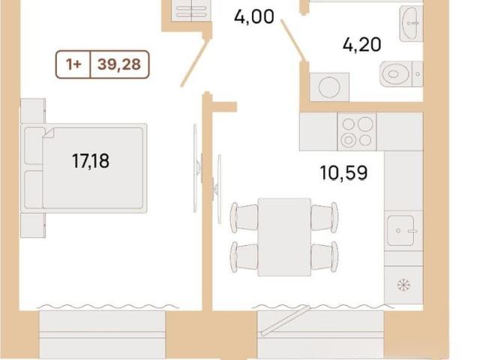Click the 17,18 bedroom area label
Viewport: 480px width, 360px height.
coord(91,161)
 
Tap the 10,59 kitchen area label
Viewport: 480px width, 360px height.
coord(343,173)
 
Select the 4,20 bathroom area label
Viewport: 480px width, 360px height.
coord(361,45)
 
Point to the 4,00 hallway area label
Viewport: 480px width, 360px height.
coord(254,16)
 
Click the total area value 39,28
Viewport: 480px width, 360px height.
coord(119,64)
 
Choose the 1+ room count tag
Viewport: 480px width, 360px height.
coord(73,64)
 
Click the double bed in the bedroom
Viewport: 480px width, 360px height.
coord(83,168)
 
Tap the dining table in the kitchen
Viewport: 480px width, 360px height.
coord(284,237)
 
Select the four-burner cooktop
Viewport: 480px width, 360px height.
coord(357,132)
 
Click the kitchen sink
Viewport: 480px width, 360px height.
coord(401,231)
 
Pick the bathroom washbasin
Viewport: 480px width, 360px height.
coord(410,23)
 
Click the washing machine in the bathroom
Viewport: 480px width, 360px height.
coord(329,87)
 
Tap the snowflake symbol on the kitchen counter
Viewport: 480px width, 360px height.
coord(403,285)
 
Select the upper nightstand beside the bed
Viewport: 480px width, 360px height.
coord(33,111)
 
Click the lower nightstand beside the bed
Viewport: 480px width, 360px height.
coord(33,225)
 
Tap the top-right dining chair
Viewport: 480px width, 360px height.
coord(325,217)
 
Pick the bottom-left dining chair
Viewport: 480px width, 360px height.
coord(244,256)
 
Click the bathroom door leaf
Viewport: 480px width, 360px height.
coord(292,40)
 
